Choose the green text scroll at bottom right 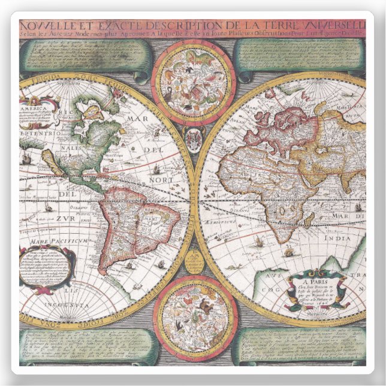click(300, 346)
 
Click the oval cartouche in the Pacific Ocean click(47, 267)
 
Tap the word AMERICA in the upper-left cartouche click(33, 110)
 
